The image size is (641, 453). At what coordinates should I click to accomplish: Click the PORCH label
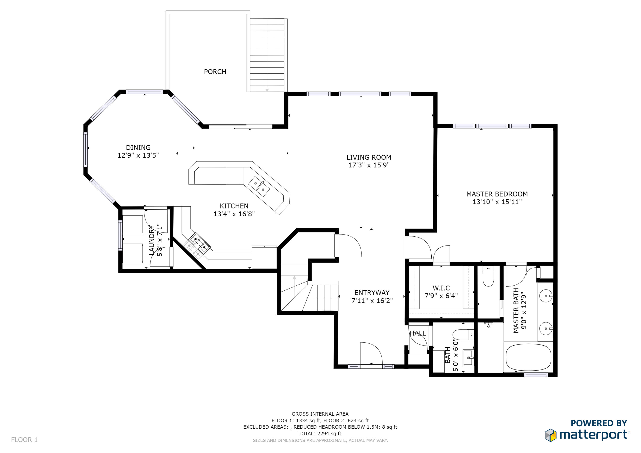point(215,72)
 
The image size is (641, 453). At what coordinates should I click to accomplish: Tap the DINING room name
point(138,148)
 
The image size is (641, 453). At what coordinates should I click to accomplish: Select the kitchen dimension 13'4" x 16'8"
point(234,214)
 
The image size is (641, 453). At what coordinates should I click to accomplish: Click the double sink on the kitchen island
point(259,186)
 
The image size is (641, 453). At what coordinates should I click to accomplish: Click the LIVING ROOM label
point(369,157)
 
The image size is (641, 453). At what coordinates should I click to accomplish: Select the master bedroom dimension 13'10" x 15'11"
point(497,202)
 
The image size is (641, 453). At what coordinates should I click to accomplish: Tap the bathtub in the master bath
point(528,358)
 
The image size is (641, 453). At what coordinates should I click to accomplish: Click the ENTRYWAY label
point(372,293)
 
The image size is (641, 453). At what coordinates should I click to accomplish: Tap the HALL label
point(418,333)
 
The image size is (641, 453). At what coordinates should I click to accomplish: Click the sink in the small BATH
point(469,358)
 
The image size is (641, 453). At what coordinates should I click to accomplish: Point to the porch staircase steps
point(267,55)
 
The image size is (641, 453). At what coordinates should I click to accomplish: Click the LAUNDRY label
point(151,240)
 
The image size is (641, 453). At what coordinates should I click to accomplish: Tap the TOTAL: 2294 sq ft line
point(320,434)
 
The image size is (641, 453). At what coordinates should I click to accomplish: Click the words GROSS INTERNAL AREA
point(320,414)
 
